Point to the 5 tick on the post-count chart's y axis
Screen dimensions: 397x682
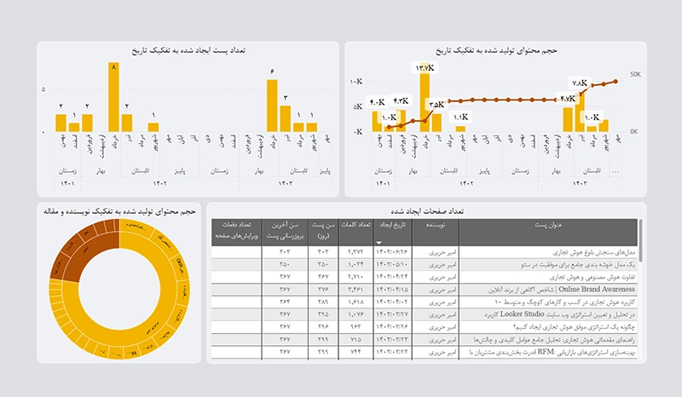click(43, 88)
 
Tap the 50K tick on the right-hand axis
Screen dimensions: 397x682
click(635, 74)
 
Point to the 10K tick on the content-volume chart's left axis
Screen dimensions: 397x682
click(357, 82)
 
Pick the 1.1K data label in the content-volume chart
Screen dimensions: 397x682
click(460, 117)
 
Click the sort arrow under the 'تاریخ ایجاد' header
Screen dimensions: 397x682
click(379, 243)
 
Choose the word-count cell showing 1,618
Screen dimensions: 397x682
click(355, 302)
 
